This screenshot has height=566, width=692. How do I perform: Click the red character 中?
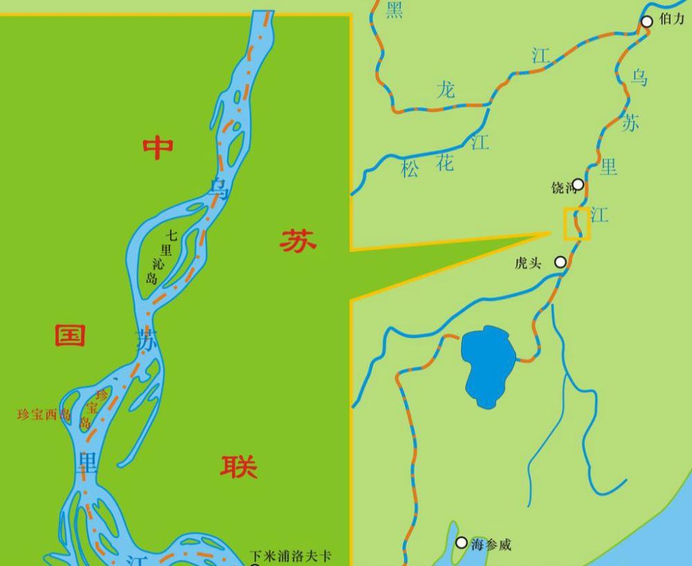[x=158, y=148]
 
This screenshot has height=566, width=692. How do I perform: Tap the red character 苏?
[x=298, y=241]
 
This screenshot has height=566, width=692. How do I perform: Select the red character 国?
[x=70, y=336]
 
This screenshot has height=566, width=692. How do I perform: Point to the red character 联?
[x=239, y=467]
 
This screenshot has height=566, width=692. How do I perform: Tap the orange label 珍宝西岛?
[x=44, y=415]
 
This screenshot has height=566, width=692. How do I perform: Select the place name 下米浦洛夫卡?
[x=291, y=556]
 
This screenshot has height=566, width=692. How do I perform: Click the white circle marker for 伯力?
[x=646, y=22]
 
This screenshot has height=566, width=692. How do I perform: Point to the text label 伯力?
[x=671, y=19]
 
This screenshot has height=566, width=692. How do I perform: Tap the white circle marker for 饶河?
[x=578, y=185]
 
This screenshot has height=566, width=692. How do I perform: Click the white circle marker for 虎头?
[x=560, y=262]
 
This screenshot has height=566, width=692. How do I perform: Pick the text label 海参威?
[x=491, y=545]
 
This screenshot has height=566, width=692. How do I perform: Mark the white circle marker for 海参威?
[x=462, y=543]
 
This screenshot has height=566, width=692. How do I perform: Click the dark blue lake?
[x=489, y=365]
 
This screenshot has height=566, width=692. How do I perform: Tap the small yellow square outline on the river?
[x=576, y=223]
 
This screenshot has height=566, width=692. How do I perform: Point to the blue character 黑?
[x=394, y=10]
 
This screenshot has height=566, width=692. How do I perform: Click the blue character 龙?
[x=446, y=90]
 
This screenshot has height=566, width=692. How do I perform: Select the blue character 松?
[x=410, y=169]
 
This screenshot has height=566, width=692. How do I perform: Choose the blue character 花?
[x=445, y=163]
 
